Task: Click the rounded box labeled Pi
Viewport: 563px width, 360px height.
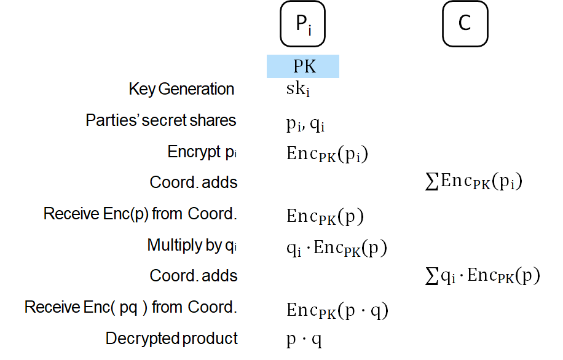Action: [x=302, y=24]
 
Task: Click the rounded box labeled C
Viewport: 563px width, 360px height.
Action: [x=465, y=24]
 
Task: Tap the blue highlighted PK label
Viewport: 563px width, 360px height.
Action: [x=302, y=66]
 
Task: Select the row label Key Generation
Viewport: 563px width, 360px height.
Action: [x=181, y=89]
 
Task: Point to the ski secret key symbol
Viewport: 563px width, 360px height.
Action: [x=298, y=90]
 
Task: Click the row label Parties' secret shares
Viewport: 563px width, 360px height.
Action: [x=161, y=120]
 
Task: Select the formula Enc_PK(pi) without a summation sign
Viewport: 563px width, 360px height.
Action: [x=327, y=154]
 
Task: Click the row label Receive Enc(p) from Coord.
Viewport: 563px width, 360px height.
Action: [x=140, y=214]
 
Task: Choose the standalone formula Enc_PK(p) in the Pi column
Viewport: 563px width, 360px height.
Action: [x=325, y=217]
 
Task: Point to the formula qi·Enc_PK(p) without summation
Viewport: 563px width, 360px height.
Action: [x=336, y=248]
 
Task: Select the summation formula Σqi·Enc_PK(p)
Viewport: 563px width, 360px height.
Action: [x=482, y=276]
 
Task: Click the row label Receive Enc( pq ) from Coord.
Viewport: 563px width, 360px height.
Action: [x=131, y=307]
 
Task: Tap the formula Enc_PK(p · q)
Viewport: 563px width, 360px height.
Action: [x=337, y=311]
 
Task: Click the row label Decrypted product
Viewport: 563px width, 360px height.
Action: [x=171, y=338]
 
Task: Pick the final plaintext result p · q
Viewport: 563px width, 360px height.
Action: [x=304, y=340]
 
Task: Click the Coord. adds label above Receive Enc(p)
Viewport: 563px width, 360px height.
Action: [x=194, y=182]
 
